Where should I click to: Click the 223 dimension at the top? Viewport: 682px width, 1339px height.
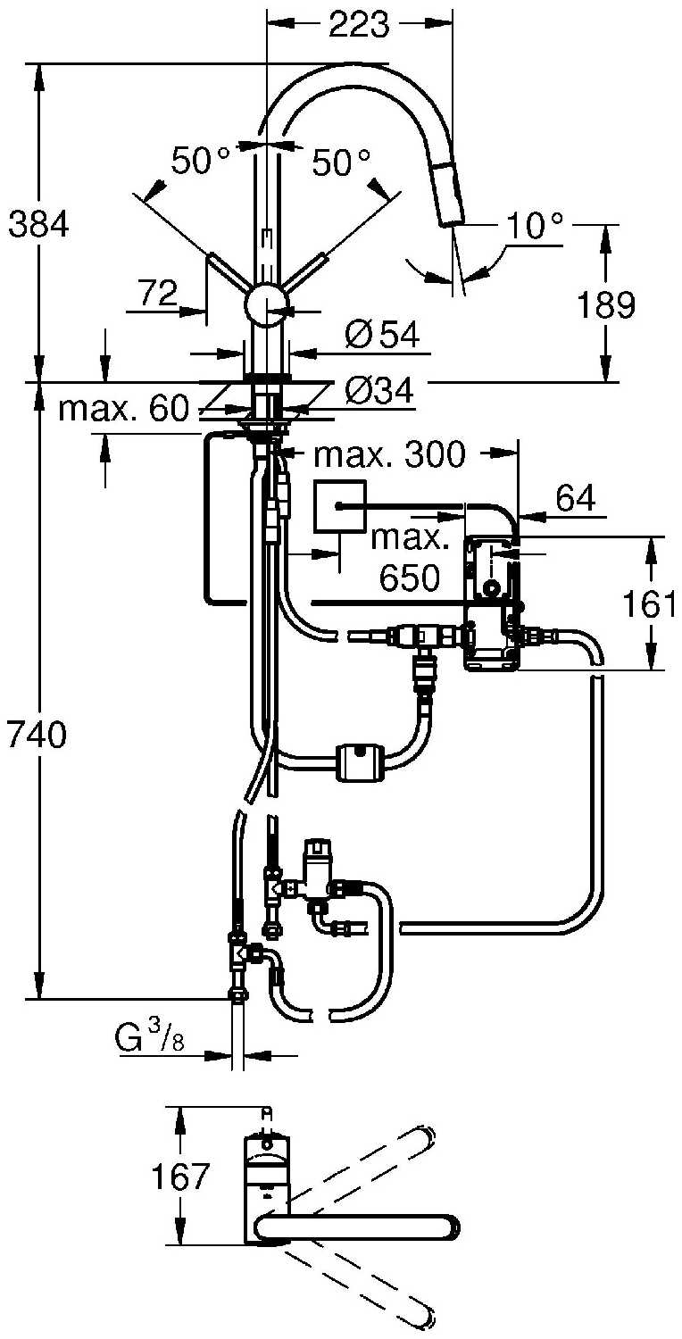(x=359, y=25)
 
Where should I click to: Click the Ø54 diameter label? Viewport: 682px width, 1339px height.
(x=381, y=336)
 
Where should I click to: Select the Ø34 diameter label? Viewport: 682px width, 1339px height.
(x=378, y=390)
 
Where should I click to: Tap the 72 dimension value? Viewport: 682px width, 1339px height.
(x=158, y=292)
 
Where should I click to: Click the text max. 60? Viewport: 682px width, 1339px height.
(x=123, y=410)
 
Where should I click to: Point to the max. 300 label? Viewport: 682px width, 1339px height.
(x=389, y=455)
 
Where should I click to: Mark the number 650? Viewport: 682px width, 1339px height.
(x=410, y=578)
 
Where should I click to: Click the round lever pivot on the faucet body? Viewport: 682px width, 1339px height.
(x=265, y=307)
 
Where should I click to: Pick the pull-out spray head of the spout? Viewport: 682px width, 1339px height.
(x=447, y=196)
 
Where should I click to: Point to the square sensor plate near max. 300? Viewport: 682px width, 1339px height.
(x=339, y=506)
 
